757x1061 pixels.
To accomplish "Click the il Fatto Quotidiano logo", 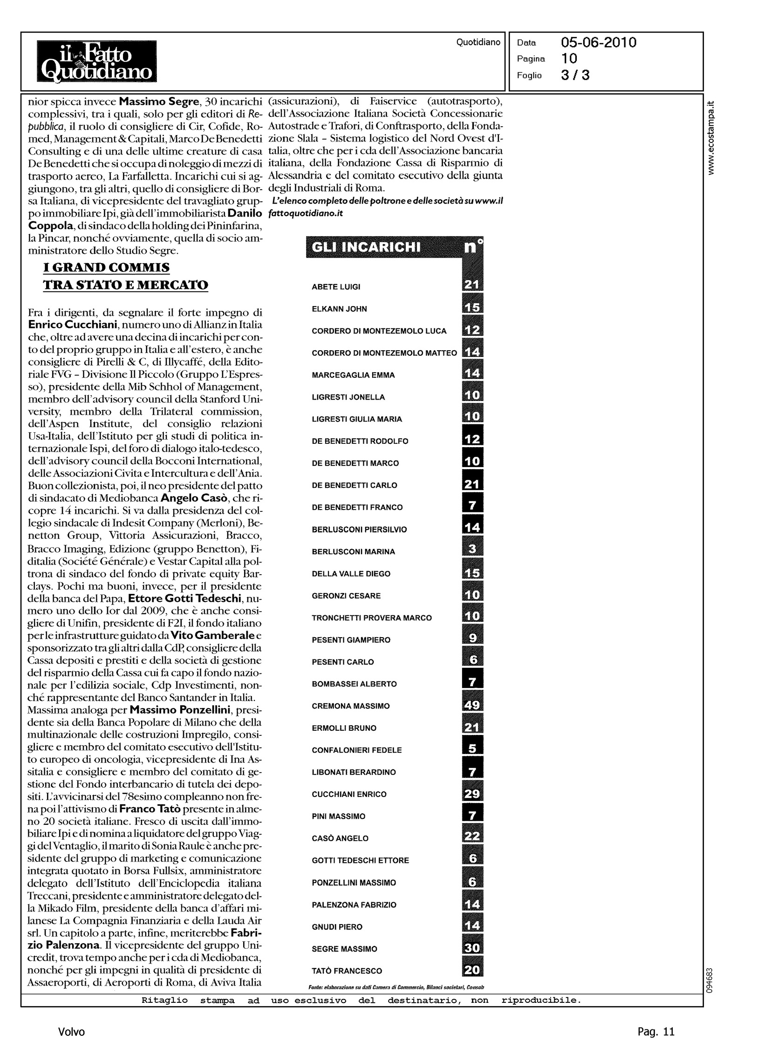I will coord(97,61).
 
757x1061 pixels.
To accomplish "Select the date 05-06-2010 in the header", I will coord(599,43).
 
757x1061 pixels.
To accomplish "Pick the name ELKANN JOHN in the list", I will coord(339,309).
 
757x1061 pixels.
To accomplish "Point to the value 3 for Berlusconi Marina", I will coord(472,550).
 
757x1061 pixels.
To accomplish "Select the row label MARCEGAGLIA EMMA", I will coord(353,375).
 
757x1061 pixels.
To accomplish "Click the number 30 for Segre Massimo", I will coord(472,948).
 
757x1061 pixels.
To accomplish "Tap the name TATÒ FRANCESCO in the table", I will coord(346,971).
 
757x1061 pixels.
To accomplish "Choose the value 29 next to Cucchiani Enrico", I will coord(472,794).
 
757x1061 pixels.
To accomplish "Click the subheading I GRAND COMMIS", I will coord(106,267).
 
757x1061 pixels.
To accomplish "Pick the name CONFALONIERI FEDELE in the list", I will coord(356,750).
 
